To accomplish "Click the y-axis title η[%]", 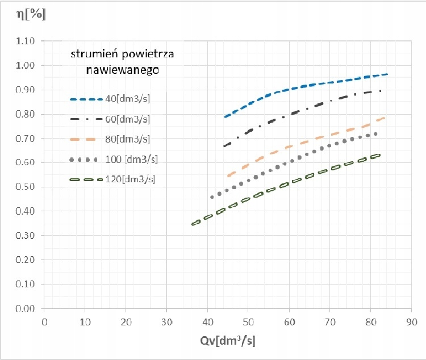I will pyautogui.click(x=31, y=15).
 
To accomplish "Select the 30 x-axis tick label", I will pyautogui.click(x=166, y=321).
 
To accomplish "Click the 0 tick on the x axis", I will pyautogui.click(x=44, y=321).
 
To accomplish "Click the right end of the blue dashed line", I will pyautogui.click(x=387, y=74).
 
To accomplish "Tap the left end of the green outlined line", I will pyautogui.click(x=193, y=224).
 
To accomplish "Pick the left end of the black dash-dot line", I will pyautogui.click(x=225, y=145).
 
